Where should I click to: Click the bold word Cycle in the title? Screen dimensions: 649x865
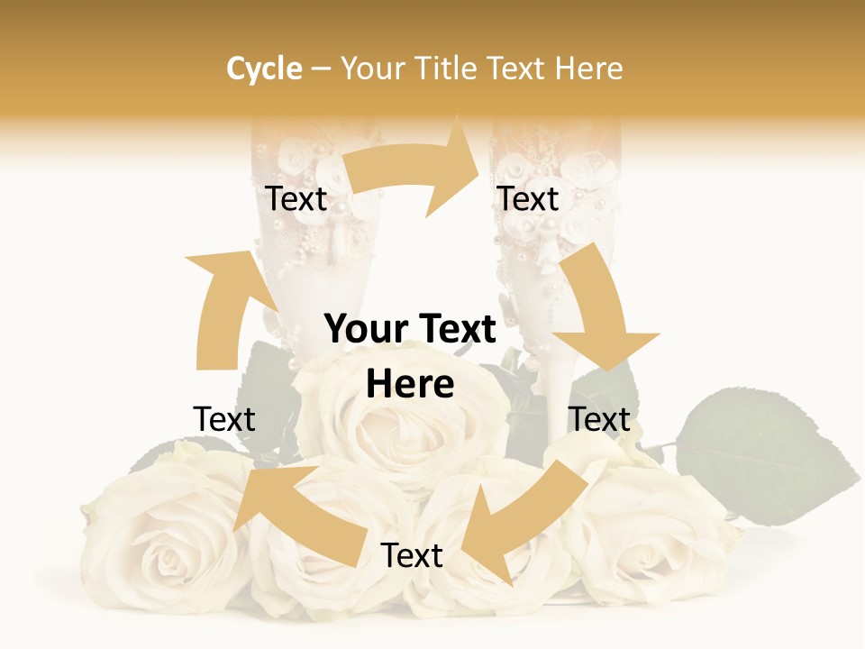point(264,69)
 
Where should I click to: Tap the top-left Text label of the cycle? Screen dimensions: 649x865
point(296,198)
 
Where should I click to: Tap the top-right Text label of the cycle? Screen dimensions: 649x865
point(528,198)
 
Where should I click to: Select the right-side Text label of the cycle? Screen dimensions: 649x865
point(599,419)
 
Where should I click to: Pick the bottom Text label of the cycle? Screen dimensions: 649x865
point(412,555)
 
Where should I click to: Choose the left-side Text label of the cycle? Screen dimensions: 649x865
point(224,419)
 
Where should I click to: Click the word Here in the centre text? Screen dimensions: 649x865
point(410,385)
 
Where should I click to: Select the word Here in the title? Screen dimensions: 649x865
point(588,69)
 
